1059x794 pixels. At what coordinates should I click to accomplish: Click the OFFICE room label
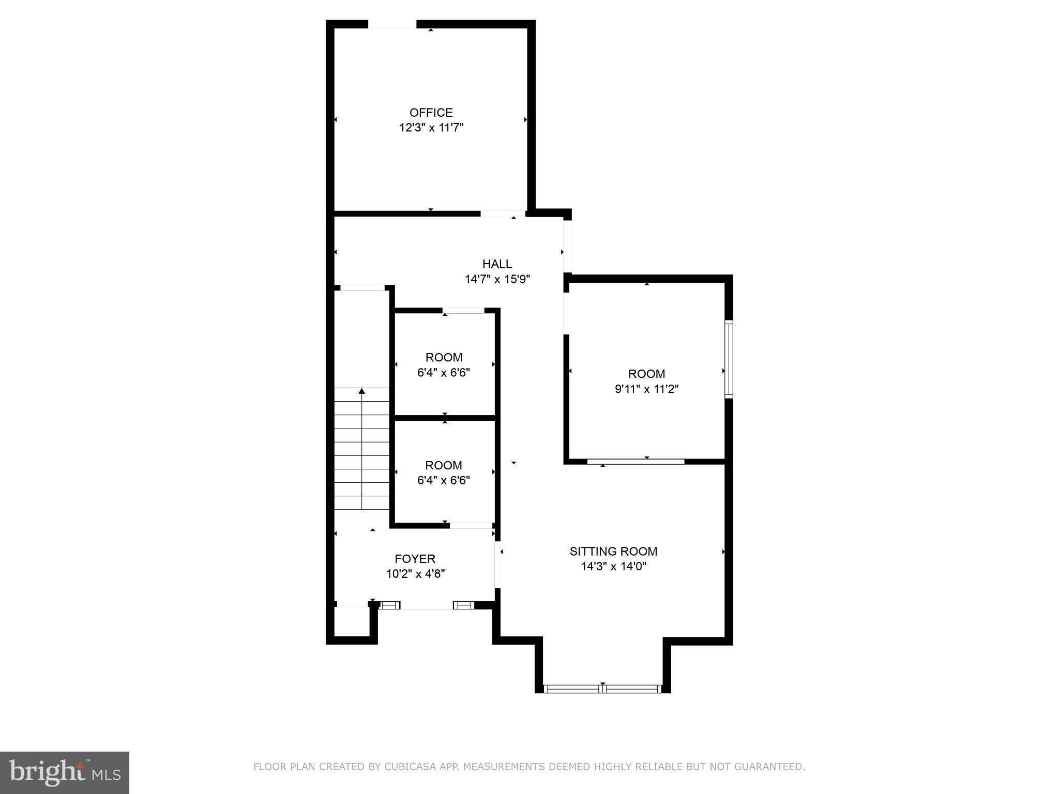click(431, 112)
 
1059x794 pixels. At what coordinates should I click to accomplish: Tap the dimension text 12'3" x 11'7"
click(431, 128)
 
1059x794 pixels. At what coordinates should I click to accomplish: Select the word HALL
click(497, 264)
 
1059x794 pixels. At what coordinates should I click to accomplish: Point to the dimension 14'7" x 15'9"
click(497, 280)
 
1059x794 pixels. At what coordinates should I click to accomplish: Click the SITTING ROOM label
click(613, 551)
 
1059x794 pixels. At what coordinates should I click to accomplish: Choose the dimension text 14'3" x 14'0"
click(613, 567)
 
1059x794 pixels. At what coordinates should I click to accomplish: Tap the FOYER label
click(415, 559)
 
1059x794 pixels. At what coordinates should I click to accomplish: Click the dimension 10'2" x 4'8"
click(415, 574)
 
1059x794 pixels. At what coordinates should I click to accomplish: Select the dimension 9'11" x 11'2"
click(646, 389)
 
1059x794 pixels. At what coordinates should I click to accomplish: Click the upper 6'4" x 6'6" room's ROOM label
click(444, 357)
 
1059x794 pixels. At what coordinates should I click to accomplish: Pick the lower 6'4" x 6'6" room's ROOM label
click(444, 465)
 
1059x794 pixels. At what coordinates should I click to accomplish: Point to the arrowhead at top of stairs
click(361, 391)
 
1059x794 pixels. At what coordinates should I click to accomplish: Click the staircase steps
click(361, 455)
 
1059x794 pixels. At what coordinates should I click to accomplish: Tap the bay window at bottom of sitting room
click(603, 688)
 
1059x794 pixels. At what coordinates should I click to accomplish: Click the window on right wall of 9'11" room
click(729, 359)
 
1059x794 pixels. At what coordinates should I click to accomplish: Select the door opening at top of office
click(392, 24)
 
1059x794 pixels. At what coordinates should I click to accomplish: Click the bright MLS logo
click(65, 772)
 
